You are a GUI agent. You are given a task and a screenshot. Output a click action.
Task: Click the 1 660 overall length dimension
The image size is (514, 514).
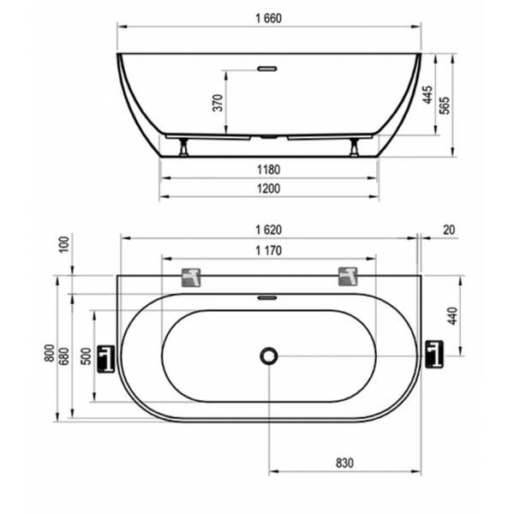(268, 18)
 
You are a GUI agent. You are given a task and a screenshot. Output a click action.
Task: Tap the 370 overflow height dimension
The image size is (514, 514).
(218, 103)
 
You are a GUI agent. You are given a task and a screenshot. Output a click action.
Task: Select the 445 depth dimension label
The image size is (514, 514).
(427, 95)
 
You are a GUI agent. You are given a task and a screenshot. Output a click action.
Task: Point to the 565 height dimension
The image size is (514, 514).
(445, 105)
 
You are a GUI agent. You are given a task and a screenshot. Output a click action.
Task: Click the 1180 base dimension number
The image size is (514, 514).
(268, 170)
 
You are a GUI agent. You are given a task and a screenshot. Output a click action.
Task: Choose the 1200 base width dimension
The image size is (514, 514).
(268, 188)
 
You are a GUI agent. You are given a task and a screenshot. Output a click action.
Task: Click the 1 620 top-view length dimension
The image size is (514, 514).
(268, 230)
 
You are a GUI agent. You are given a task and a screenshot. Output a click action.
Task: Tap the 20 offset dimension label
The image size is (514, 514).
(449, 230)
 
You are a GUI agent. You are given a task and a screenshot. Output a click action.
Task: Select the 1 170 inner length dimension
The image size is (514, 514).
(268, 251)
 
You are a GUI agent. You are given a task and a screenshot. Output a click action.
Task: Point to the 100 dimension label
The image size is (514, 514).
(65, 244)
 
